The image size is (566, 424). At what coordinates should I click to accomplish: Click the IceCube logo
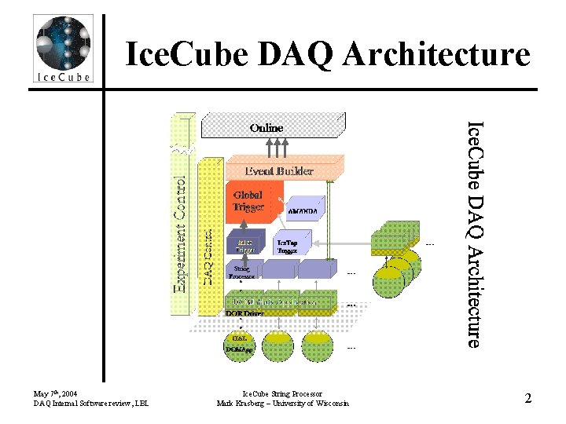click(63, 49)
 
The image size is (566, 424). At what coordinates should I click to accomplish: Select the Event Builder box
click(279, 170)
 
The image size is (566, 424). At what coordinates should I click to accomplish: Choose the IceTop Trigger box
click(288, 246)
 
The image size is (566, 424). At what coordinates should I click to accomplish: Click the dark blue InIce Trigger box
click(244, 244)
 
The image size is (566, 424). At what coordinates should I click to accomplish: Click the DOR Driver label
click(244, 313)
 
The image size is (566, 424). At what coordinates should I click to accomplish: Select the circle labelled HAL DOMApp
click(240, 344)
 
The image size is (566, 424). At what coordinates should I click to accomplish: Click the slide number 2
click(528, 398)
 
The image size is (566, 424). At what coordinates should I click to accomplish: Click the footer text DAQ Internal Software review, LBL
click(90, 404)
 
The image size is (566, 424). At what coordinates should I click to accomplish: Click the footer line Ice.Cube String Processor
click(282, 393)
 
